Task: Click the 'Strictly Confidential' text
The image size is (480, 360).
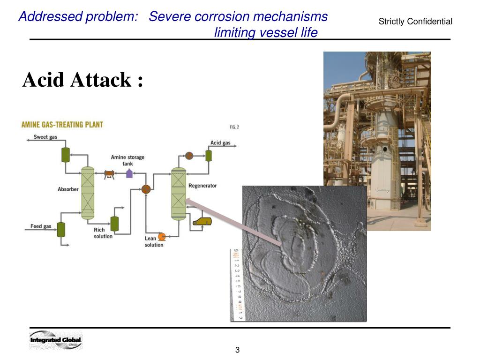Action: (415, 22)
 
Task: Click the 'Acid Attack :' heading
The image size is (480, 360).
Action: (82, 80)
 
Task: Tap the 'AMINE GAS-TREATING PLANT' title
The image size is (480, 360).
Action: (62, 125)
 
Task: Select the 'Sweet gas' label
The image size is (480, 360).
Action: (45, 137)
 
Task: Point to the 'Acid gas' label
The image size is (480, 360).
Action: (220, 143)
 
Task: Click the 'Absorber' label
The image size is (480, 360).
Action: (68, 189)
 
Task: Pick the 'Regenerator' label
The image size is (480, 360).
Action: (202, 186)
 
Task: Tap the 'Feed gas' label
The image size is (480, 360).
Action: (41, 226)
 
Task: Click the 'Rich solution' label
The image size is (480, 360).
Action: (103, 233)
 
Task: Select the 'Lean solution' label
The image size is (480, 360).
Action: (154, 241)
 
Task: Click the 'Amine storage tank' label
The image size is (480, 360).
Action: (127, 160)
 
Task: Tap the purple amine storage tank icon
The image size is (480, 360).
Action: (129, 173)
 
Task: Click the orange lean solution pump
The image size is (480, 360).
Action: (162, 236)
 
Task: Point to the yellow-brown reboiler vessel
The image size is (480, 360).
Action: (202, 221)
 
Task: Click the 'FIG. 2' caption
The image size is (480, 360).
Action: (234, 127)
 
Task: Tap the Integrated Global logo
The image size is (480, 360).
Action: (56, 340)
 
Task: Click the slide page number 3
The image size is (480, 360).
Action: (238, 350)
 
